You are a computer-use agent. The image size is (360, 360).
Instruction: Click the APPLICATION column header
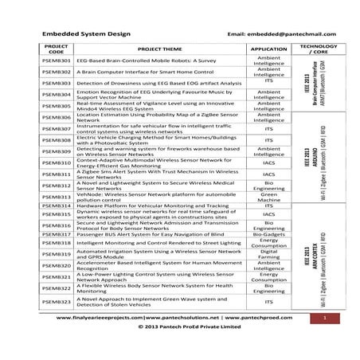click(268, 49)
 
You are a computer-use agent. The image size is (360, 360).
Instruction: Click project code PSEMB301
click(56, 61)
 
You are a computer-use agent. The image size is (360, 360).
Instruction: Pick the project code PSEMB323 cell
click(56, 301)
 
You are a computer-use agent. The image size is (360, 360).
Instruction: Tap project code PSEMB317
click(56, 235)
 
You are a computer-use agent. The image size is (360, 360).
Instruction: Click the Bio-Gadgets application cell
click(268, 235)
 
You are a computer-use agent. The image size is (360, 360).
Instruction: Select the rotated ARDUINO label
click(315, 156)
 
